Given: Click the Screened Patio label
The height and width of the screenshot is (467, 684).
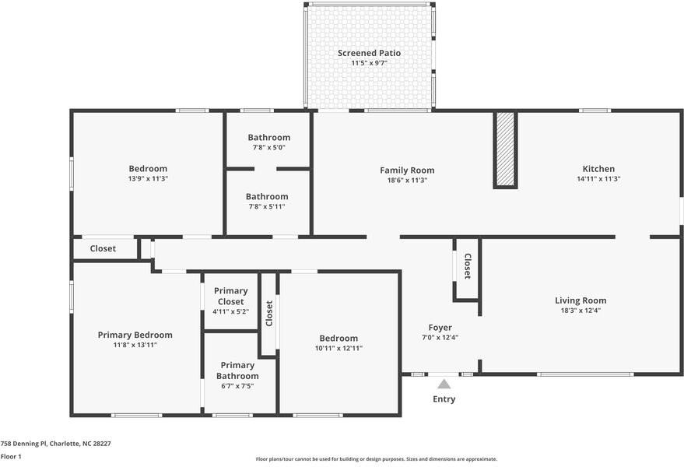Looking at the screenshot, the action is [369, 53].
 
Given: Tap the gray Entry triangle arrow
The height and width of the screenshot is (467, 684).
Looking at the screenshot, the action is [444, 384].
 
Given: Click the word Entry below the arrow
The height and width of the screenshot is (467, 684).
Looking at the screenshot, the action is [444, 399].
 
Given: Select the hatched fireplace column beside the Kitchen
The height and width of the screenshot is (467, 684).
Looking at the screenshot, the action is [505, 150].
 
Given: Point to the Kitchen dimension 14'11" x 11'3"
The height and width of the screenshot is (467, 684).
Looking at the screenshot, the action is [598, 179].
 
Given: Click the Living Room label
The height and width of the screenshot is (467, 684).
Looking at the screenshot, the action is [581, 300].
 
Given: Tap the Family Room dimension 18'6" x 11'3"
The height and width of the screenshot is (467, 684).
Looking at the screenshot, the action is [407, 181].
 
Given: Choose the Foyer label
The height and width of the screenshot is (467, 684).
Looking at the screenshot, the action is [440, 328].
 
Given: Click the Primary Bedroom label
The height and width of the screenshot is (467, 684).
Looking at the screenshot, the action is [135, 335].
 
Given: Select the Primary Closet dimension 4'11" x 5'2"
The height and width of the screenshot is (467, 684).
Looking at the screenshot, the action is [231, 311].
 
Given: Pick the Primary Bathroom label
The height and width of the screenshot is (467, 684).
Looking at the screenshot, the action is [237, 370].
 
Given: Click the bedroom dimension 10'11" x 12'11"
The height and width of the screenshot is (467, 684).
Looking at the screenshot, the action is [339, 348].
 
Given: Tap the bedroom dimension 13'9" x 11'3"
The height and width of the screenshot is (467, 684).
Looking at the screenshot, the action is [149, 178].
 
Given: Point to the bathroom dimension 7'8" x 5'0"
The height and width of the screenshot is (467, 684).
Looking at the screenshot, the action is [269, 148].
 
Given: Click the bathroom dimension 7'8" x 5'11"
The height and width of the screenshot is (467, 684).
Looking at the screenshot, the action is [267, 206].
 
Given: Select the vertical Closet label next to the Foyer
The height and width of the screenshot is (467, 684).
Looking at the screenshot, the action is [467, 266].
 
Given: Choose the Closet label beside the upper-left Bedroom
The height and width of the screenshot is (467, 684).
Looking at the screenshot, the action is [103, 248].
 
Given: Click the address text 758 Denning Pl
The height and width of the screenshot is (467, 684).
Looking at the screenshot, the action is [23, 444].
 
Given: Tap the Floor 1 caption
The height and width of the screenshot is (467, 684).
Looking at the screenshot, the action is [11, 457].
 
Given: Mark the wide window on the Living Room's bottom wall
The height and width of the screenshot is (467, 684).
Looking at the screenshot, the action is [585, 374].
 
